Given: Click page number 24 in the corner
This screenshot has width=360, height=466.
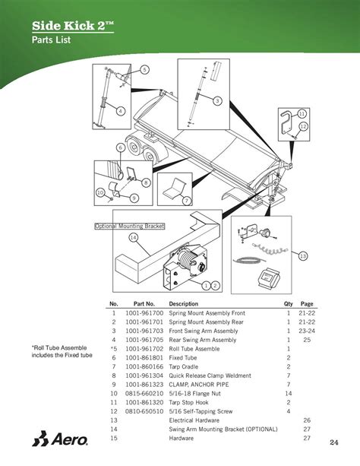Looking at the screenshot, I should [x=333, y=442].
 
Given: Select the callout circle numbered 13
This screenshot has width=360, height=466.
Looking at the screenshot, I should [x=303, y=256].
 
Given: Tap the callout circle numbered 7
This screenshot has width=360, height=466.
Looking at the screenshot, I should [x=185, y=200].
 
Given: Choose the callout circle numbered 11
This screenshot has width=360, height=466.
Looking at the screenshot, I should [x=302, y=113].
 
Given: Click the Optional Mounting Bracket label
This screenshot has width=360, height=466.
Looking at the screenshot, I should [x=129, y=226].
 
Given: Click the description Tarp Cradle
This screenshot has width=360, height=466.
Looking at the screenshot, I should [x=186, y=366].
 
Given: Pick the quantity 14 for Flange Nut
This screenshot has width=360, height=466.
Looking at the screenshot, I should [x=289, y=393].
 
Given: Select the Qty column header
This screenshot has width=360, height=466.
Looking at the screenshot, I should [x=288, y=303].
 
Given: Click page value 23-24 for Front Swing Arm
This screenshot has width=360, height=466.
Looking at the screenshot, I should [x=306, y=331].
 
